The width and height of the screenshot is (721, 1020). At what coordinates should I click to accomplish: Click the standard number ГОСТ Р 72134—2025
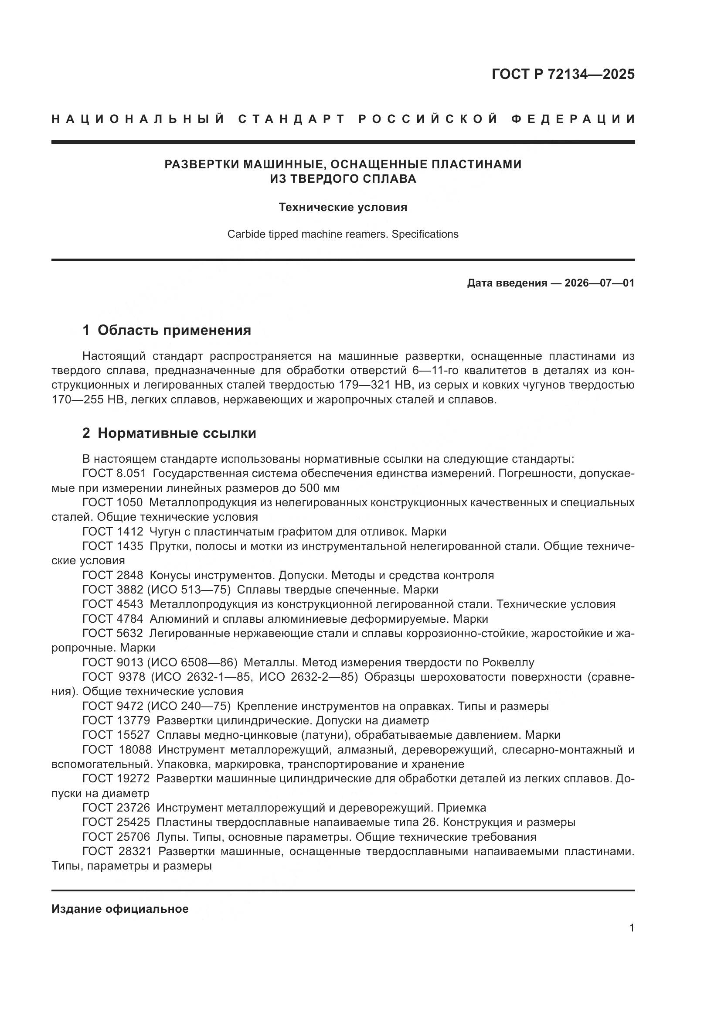coord(562,74)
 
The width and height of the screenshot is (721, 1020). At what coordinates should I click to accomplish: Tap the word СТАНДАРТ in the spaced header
coord(292,119)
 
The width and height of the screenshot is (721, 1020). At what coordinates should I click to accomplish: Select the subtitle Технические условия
coord(343,207)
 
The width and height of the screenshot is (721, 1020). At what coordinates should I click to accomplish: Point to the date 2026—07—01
coord(599,283)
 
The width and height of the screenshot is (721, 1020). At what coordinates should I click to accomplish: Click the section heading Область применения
coord(174,330)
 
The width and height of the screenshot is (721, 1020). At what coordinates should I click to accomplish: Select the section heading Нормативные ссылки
coord(177,433)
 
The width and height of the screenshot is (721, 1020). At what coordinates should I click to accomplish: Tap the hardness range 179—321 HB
coord(375,385)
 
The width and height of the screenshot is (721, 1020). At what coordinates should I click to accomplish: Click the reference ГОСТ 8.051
coord(114,474)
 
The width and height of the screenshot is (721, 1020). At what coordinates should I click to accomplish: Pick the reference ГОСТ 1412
coord(113,532)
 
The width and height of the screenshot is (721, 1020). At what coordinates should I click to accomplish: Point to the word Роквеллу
coord(509,663)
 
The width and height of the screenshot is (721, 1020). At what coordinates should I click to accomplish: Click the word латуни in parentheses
coord(320,735)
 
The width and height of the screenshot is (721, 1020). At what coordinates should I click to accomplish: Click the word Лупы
coord(167,837)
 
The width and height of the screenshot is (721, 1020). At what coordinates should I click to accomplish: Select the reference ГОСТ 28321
coord(117,852)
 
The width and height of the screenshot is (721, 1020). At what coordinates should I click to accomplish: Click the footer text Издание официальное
coord(120,909)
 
